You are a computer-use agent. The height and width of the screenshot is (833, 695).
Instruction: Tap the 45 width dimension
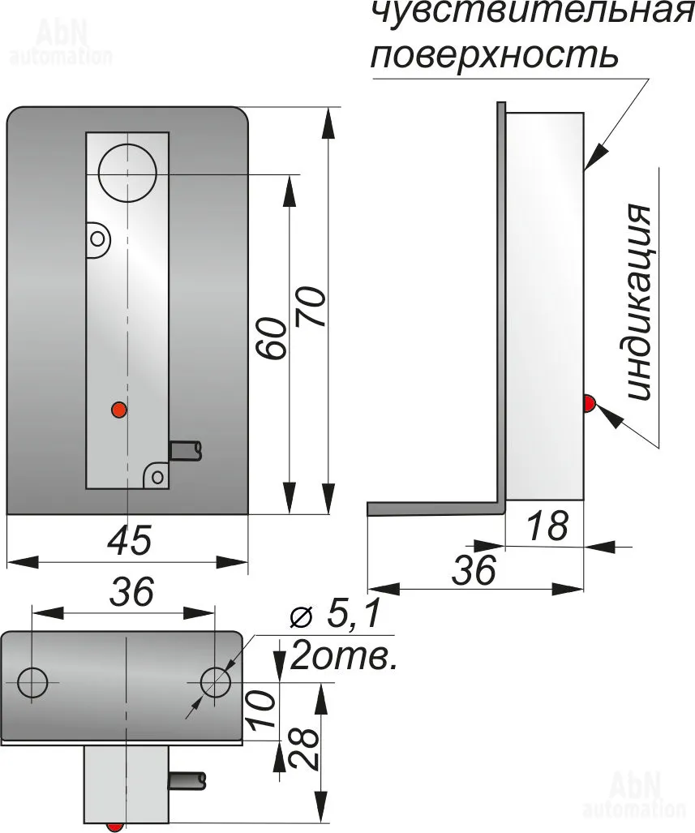click(130, 540)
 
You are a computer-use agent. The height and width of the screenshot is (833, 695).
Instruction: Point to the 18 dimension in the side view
click(548, 526)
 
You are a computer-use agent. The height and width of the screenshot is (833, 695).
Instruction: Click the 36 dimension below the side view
click(474, 570)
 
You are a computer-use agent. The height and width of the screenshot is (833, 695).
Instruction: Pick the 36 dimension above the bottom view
click(131, 591)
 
